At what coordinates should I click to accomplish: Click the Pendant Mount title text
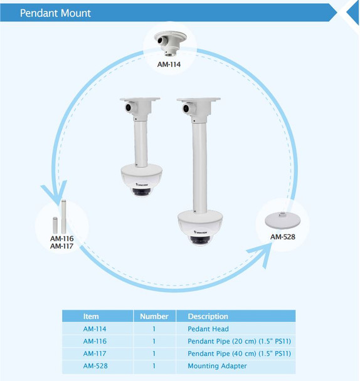[x=55, y=13]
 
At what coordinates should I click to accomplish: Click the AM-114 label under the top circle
[x=170, y=63]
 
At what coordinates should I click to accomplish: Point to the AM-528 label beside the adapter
[x=282, y=237]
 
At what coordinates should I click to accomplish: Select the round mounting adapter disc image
[x=282, y=219]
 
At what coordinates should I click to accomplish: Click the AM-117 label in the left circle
[x=62, y=246]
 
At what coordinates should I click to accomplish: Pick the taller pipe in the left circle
[x=63, y=214]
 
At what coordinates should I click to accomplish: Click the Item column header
[x=91, y=316]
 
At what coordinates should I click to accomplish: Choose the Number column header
[x=154, y=316]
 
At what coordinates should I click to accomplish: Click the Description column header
[x=208, y=316]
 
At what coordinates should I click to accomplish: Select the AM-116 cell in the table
[x=95, y=342]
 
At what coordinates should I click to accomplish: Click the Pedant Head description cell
[x=208, y=329]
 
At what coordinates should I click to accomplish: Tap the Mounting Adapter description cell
[x=217, y=366]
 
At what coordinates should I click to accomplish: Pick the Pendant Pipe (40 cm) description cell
[x=239, y=353]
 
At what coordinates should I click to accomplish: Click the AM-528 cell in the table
[x=95, y=366]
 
